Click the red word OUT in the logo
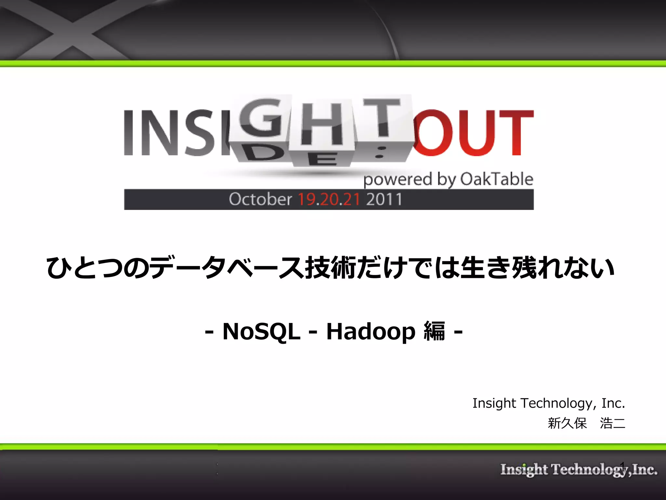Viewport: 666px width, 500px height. pyautogui.click(x=473, y=133)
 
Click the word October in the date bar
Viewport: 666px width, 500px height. pyautogui.click(x=260, y=199)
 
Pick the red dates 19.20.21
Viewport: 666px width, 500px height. pyautogui.click(x=329, y=199)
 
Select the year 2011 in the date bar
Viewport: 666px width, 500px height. pyautogui.click(x=384, y=199)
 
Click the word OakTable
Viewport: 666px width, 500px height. pyautogui.click(x=497, y=179)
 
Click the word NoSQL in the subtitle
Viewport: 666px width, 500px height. pyautogui.click(x=261, y=331)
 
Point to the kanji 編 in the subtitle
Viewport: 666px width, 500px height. pyautogui.click(x=434, y=331)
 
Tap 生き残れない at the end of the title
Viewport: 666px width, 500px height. pyautogui.click(x=537, y=268)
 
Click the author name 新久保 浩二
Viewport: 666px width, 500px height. pyautogui.click(x=586, y=423)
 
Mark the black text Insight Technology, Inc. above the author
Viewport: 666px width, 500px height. pyautogui.click(x=549, y=403)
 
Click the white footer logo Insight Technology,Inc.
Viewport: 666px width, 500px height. pyautogui.click(x=579, y=470)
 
